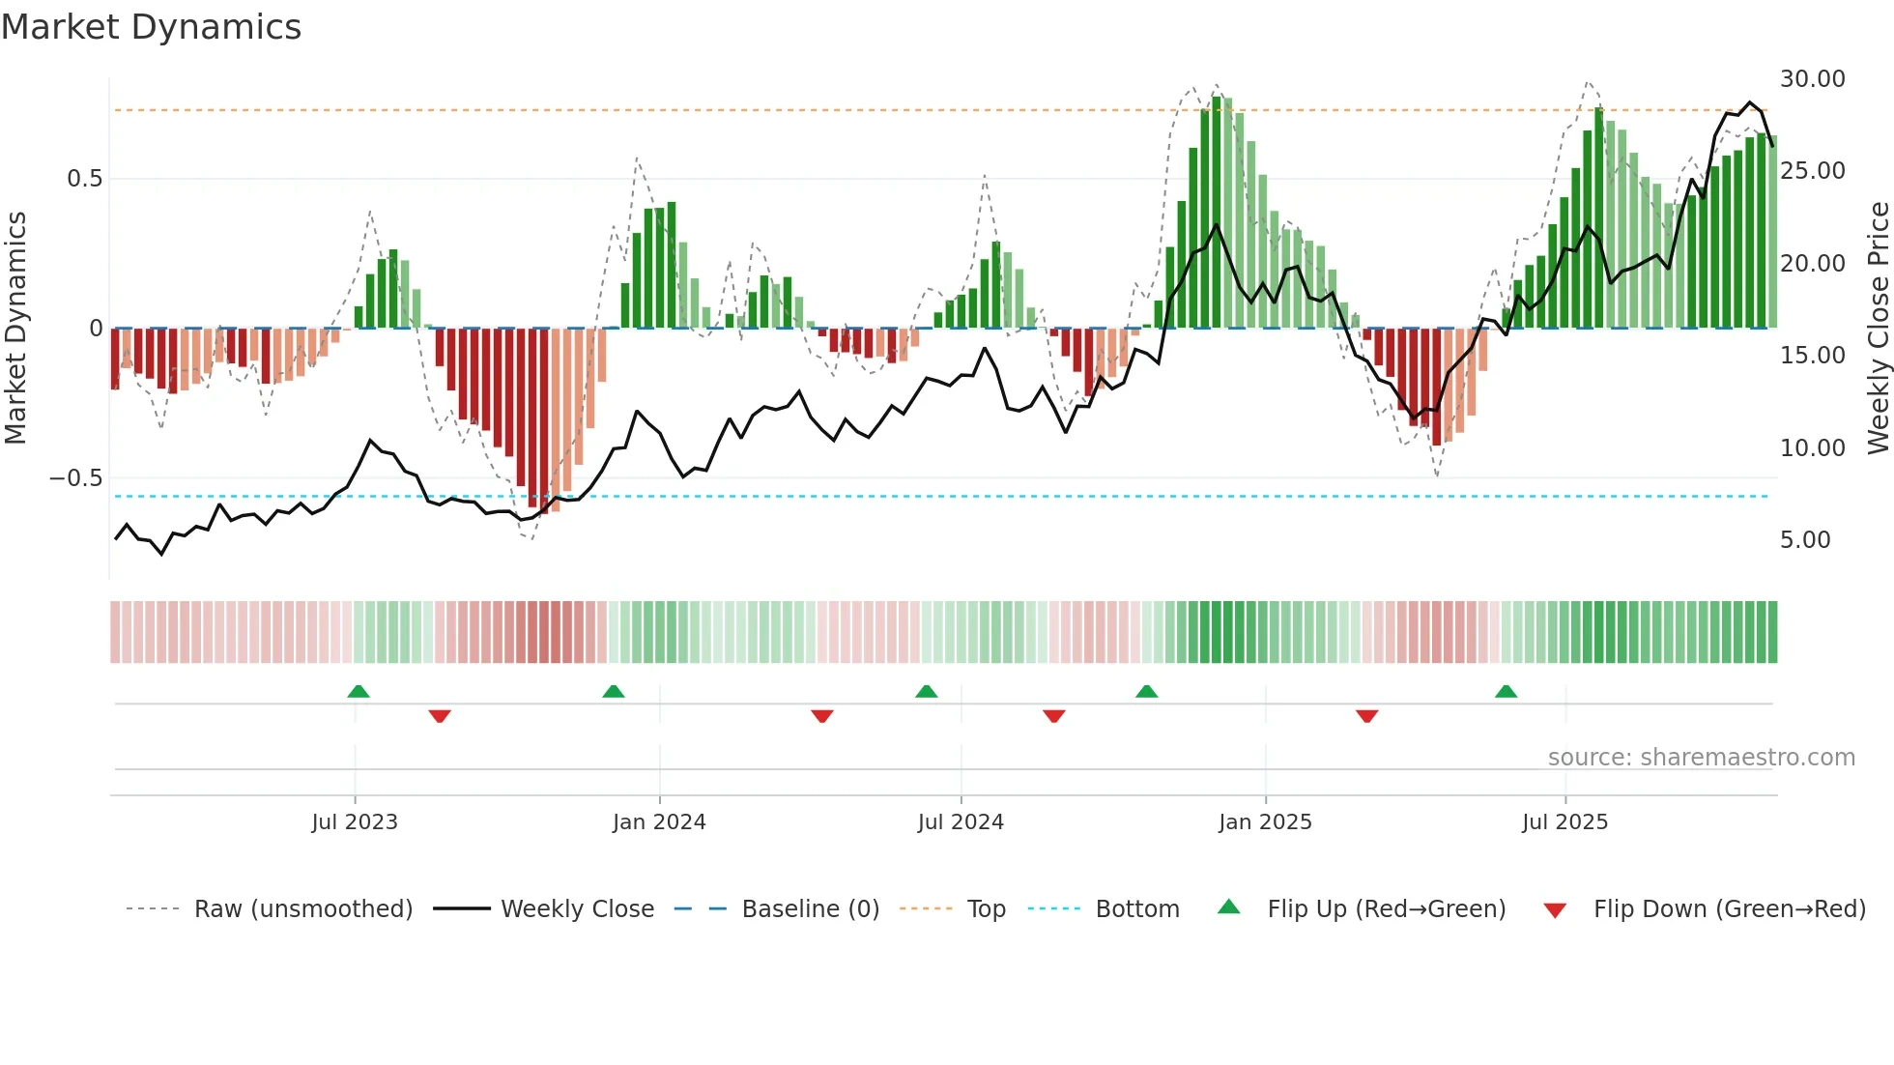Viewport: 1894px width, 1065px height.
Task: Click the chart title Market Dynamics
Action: click(x=151, y=27)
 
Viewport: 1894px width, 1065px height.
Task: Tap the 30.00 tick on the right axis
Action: click(x=1812, y=79)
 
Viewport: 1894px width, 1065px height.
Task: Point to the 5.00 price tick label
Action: click(x=1804, y=540)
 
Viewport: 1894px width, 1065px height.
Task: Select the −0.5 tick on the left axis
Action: click(x=75, y=478)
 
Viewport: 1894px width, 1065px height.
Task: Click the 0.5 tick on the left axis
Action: click(x=84, y=179)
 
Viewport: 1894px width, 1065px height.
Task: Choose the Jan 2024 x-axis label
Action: click(x=659, y=822)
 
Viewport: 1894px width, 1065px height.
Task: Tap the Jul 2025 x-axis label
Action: click(x=1564, y=822)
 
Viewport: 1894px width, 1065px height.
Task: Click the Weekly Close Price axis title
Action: click(x=1878, y=329)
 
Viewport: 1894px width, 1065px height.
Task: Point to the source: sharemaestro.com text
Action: click(x=1701, y=758)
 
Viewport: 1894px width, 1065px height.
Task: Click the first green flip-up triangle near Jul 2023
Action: click(x=359, y=692)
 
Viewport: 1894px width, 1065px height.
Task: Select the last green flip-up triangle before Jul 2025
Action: click(x=1506, y=692)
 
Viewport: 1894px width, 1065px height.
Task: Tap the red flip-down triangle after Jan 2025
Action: click(x=1366, y=716)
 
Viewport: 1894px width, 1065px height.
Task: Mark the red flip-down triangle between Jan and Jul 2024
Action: click(x=822, y=716)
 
